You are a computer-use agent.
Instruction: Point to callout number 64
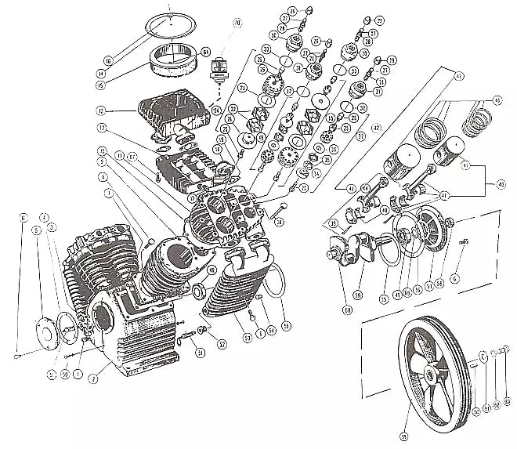tap(205, 52)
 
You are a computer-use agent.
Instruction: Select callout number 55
tap(285, 324)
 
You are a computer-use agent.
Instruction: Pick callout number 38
tap(277, 221)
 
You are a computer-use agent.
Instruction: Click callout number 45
tap(460, 76)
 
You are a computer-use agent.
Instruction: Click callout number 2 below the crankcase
tap(92, 378)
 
